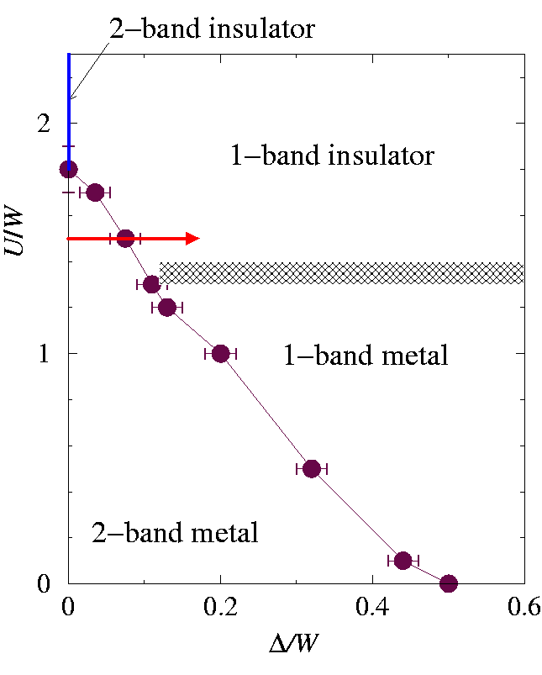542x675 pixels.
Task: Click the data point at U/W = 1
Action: (220, 353)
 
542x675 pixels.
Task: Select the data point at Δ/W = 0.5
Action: (448, 583)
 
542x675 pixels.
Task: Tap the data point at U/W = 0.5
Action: (312, 468)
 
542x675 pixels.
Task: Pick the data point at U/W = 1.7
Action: (95, 192)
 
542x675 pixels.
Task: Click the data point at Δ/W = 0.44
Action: (403, 560)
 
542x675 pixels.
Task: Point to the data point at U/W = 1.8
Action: (68, 169)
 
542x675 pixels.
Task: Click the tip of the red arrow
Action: (198, 239)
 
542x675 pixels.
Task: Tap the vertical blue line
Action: (69, 101)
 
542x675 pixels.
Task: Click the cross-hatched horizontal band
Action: (340, 273)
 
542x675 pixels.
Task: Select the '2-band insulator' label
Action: (212, 29)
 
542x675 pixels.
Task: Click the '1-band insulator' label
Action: (332, 156)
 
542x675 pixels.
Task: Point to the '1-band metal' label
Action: (364, 356)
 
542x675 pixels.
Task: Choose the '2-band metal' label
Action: (174, 533)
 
